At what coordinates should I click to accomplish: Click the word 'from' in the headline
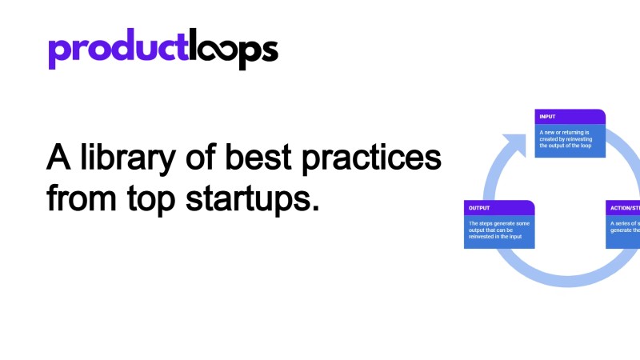pos(80,197)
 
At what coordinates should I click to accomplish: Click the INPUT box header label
pos(548,117)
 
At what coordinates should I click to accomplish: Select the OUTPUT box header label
pos(481,208)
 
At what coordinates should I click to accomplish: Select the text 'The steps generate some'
pos(498,223)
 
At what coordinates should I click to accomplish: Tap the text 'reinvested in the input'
pos(497,238)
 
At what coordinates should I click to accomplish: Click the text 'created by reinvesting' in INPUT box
pos(567,139)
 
